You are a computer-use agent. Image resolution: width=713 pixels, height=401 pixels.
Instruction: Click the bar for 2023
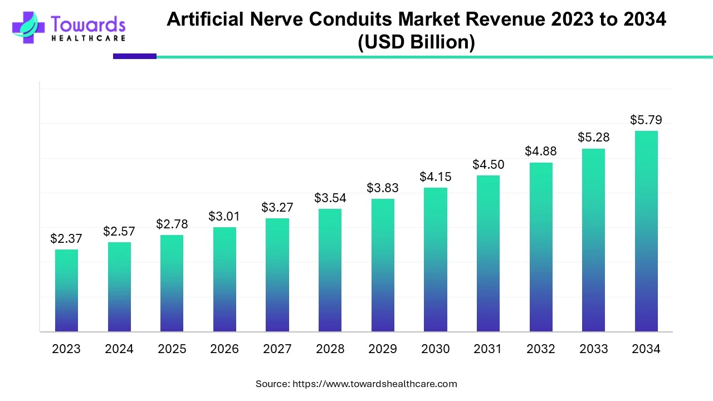(x=66, y=290)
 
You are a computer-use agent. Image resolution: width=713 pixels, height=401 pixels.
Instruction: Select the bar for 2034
(x=646, y=231)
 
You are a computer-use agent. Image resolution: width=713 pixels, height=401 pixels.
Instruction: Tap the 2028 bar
(x=330, y=270)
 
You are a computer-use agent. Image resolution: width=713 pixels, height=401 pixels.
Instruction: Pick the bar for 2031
(x=488, y=253)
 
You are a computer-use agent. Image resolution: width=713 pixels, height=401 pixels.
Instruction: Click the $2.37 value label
(x=66, y=239)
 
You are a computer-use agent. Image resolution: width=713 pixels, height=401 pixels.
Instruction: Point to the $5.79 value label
(x=646, y=120)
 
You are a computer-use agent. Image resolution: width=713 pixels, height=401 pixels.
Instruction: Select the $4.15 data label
(x=436, y=177)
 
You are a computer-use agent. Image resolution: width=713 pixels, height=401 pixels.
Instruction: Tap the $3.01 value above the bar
(x=224, y=216)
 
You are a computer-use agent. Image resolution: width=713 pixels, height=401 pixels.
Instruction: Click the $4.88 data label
(x=541, y=151)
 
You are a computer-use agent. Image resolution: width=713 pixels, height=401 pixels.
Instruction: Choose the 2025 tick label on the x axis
(x=172, y=349)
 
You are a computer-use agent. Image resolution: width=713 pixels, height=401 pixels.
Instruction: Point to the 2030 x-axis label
(x=436, y=349)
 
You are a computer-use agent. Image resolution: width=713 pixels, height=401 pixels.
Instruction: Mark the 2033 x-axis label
(x=594, y=349)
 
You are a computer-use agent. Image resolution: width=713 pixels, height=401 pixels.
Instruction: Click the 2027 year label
(x=277, y=349)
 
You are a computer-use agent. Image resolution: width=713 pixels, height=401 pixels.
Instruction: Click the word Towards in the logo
(x=88, y=24)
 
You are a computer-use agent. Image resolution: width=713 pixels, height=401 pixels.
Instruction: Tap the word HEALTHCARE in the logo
(x=88, y=38)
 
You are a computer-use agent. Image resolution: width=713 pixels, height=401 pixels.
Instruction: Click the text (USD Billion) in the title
(x=416, y=43)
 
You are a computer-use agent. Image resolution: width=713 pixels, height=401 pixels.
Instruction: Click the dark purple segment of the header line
(x=135, y=56)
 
